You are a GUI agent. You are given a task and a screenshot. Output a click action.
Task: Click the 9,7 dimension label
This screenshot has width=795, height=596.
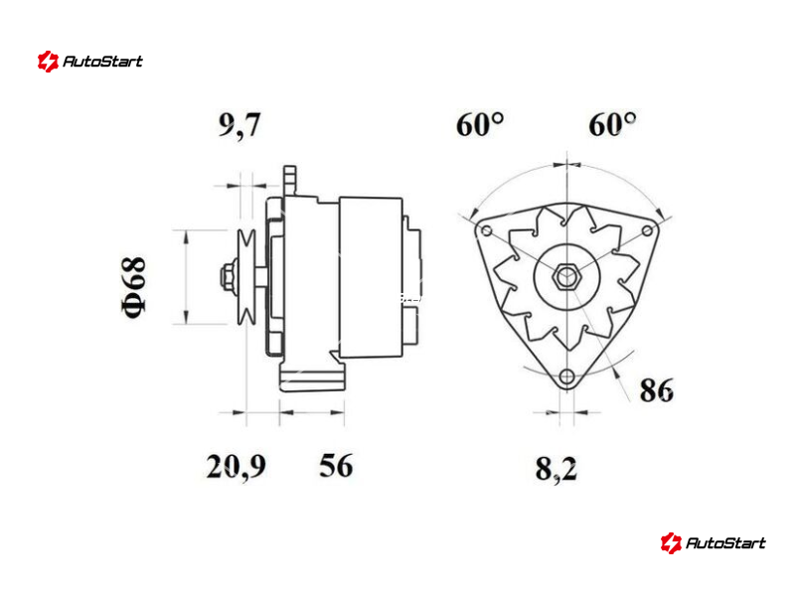(x=239, y=125)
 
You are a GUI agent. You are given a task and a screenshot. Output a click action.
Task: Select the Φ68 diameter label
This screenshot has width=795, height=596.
(x=133, y=287)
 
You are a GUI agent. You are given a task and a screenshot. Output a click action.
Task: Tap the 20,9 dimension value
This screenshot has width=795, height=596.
(x=236, y=466)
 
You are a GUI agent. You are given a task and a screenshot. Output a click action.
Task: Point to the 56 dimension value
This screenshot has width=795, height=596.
(x=336, y=465)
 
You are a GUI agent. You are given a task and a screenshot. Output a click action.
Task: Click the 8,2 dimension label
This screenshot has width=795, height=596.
(x=556, y=469)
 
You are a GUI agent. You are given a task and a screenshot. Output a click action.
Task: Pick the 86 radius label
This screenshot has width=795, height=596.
(x=657, y=390)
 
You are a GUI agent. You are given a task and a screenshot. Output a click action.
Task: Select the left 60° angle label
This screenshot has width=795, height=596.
(x=480, y=124)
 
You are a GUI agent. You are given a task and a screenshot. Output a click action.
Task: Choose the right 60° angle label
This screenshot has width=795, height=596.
(x=612, y=124)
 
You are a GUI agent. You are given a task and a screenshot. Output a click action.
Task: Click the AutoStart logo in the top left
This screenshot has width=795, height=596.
(x=90, y=62)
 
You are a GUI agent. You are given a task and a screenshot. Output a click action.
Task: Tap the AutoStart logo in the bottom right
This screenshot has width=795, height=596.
(x=713, y=542)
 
